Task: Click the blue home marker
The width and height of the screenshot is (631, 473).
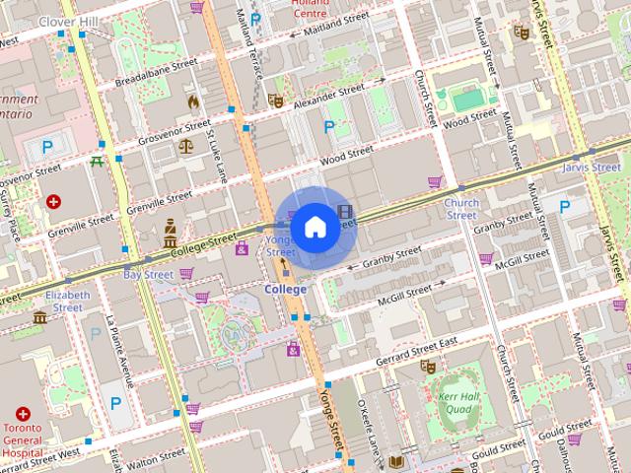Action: (315, 228)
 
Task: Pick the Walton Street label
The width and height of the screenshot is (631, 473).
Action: (156, 459)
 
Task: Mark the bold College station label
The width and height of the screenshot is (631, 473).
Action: (285, 290)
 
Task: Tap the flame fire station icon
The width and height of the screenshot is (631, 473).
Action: (193, 101)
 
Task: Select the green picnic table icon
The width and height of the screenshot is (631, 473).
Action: (97, 162)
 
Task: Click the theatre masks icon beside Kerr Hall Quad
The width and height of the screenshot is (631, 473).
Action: (428, 366)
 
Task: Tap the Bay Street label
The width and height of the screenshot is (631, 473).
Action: (148, 274)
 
